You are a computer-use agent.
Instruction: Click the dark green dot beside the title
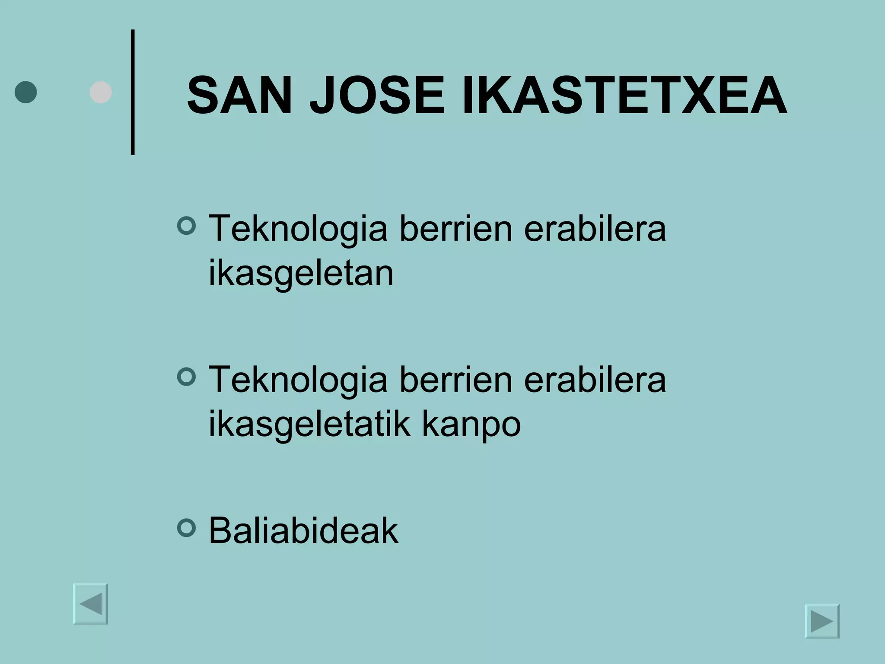(x=25, y=92)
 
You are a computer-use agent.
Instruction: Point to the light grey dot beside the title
(x=101, y=92)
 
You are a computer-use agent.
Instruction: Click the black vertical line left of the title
(x=133, y=92)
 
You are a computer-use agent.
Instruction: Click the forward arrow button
(x=822, y=621)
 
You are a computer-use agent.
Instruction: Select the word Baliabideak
(x=303, y=531)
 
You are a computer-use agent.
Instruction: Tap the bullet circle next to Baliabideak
(x=187, y=528)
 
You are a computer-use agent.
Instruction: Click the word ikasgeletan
(x=301, y=274)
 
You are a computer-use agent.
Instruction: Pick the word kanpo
(x=471, y=424)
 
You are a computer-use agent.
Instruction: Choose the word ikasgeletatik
(x=309, y=424)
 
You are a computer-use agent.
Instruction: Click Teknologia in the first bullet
(x=298, y=229)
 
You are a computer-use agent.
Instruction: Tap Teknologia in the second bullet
(x=298, y=380)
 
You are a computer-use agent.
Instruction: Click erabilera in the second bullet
(x=595, y=379)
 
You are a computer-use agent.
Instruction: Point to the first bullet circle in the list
(x=187, y=226)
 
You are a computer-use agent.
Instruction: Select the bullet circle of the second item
(x=187, y=377)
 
